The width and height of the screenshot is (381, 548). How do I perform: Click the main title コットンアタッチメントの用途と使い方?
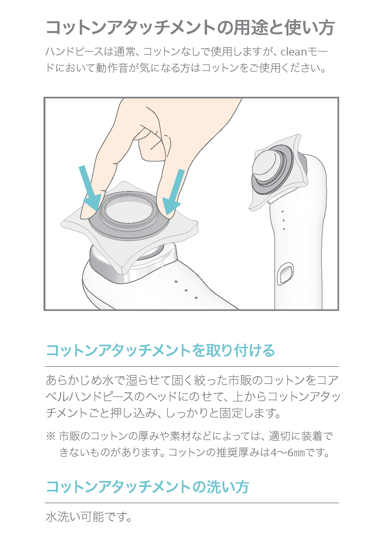coord(190,27)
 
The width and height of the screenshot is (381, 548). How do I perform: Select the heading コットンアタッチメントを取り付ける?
coord(160,351)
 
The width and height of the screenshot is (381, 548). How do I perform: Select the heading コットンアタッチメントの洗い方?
coord(147,487)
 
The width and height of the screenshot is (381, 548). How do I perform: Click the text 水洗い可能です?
coord(88,517)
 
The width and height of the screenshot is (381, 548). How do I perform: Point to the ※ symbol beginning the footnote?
coord(50,436)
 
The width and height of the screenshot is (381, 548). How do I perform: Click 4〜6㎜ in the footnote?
coord(288,453)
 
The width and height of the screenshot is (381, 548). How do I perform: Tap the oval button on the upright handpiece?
coord(285,273)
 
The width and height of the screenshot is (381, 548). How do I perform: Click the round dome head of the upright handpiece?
coord(266,165)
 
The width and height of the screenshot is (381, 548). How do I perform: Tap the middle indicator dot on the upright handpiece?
coord(283,220)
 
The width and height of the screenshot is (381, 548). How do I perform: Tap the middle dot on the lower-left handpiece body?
coord(186,290)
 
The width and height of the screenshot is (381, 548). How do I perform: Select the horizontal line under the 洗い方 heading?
coord(192,503)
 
